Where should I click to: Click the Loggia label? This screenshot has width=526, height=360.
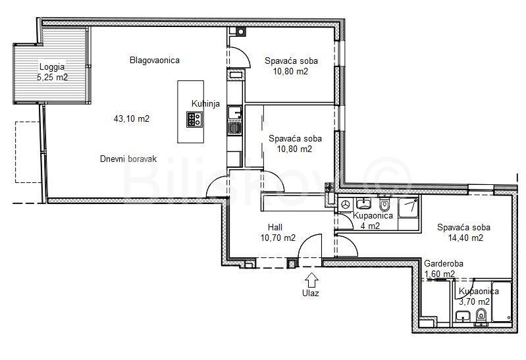pos(52,66)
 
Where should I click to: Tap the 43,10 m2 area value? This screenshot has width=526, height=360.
pos(132,118)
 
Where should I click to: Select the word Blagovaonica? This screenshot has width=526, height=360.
pos(155,61)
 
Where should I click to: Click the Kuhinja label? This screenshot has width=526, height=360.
pos(205,104)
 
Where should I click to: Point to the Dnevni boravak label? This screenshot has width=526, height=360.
pos(128,159)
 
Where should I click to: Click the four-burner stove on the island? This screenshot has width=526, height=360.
pos(195,119)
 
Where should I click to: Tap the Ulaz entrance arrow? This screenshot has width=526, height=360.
pos(312,280)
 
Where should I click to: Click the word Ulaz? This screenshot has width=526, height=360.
pos(310,294)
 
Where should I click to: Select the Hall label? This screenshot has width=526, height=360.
pos(275,227)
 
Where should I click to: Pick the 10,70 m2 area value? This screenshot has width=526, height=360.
pos(278,238)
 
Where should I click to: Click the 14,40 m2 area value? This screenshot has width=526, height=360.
pos(465,238)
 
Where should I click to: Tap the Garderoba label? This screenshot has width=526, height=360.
pos(444,264)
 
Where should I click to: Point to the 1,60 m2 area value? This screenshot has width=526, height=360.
pos(440,274)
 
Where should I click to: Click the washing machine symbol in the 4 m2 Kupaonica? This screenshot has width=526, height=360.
pos(345,204)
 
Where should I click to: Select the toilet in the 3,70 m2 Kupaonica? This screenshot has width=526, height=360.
pos(481,317)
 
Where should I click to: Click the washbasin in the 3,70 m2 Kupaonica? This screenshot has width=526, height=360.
pos(463,317)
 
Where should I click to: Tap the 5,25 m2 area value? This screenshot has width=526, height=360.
pos(52,78)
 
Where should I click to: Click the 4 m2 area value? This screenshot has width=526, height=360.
pos(370,226)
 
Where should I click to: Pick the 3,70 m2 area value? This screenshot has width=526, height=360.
pos(474,302)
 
